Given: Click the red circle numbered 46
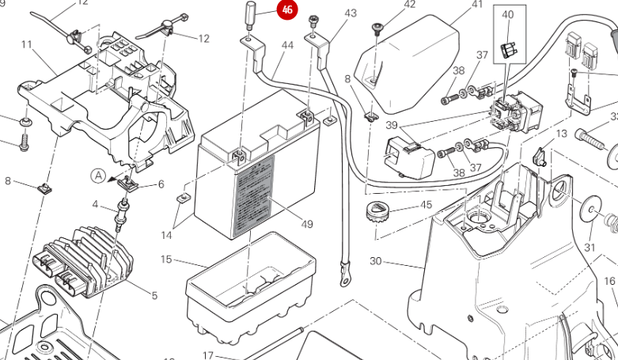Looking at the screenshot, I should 286,10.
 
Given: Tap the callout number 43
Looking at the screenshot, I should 350,13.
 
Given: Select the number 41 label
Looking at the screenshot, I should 476,5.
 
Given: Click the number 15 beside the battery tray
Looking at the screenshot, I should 166,259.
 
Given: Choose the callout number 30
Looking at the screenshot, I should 375,261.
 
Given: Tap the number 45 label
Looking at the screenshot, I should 426,205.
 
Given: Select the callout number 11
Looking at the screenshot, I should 27,44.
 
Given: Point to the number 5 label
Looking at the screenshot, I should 154,296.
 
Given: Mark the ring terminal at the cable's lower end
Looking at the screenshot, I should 345,278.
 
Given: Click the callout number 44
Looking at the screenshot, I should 287,45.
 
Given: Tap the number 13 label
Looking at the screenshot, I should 561,134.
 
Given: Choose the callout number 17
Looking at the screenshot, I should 208,355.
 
